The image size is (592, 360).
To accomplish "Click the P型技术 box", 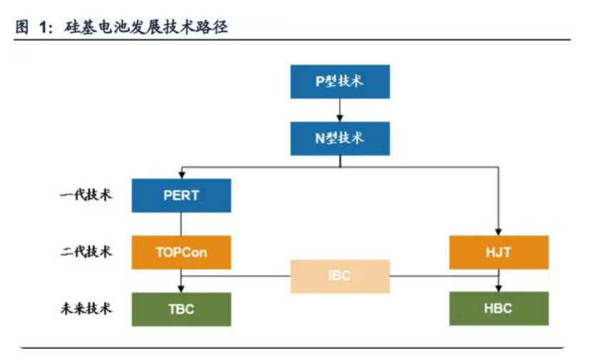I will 340,81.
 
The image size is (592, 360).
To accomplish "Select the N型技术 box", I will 340,138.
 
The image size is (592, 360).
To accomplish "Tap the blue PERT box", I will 181,195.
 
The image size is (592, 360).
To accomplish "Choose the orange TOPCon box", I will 181,252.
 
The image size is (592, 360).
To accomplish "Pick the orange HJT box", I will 499,252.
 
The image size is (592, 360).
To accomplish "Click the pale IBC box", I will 340,276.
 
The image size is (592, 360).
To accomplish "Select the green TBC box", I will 181,309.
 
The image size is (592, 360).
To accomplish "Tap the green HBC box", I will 499,309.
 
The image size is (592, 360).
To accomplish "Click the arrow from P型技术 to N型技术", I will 340,109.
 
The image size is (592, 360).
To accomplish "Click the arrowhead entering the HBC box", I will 499,289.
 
